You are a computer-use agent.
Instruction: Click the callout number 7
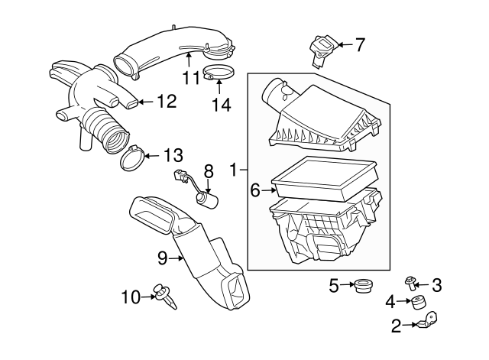pos(360,44)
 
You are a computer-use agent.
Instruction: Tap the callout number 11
pos(191,76)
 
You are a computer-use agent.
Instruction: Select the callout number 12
pos(167,100)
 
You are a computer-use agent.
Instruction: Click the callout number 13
pos(173,156)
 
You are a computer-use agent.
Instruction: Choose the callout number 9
pos(162,258)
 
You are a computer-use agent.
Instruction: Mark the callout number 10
pos(131,296)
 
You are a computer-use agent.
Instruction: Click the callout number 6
pos(255,190)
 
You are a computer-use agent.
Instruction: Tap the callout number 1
pos(235,167)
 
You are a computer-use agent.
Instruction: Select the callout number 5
pos(333,286)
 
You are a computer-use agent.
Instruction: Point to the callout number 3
pos(436,285)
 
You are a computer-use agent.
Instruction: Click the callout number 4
pos(390,300)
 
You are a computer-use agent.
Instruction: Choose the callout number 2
pos(396,327)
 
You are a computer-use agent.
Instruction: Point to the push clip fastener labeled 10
pos(164,294)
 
